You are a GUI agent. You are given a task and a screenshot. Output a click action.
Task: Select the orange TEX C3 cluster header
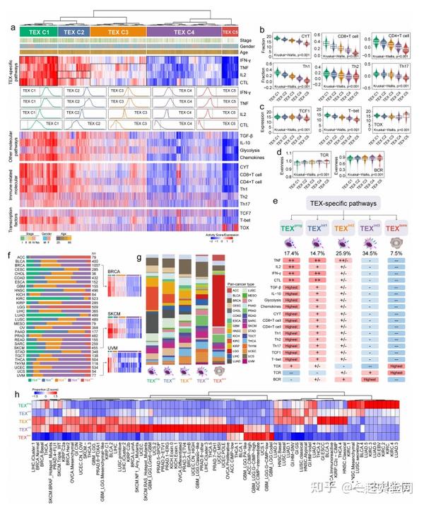[x=119, y=32]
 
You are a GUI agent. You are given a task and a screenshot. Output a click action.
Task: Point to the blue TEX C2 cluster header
[x=73, y=32]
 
